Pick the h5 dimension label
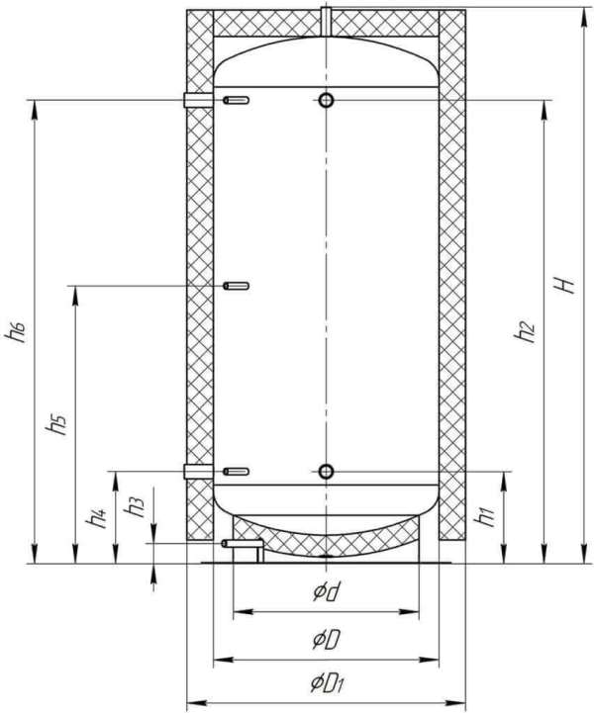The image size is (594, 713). coord(55,425)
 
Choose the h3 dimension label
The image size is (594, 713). coord(135,506)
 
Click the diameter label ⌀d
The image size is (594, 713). coord(327,591)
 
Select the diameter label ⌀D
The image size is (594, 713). coord(326,640)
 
